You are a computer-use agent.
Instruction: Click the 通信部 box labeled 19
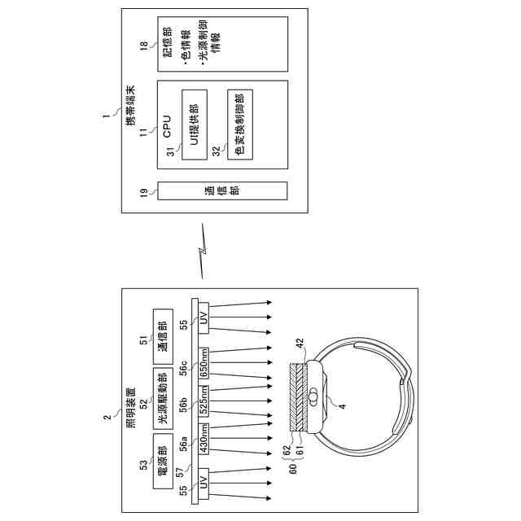click(221, 191)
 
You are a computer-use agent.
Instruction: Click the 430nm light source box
click(205, 440)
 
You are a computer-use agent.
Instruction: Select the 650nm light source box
click(205, 359)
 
